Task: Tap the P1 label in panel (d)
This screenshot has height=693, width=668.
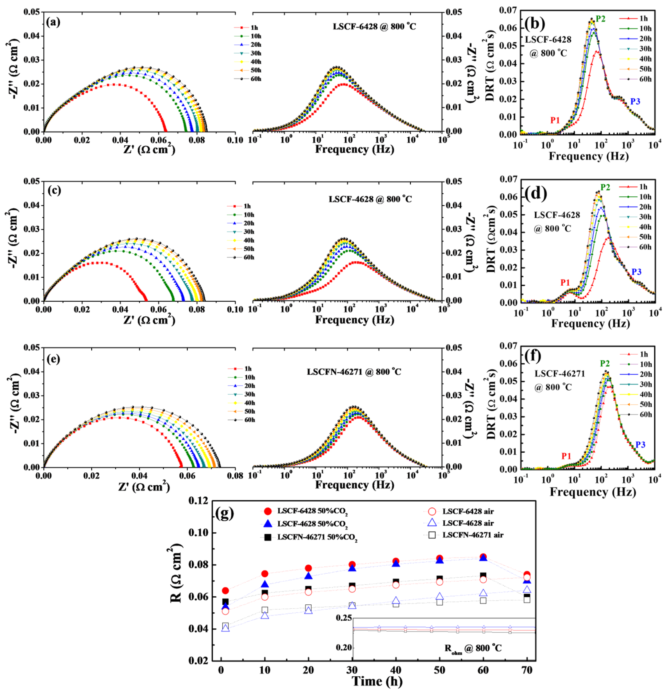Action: click(565, 282)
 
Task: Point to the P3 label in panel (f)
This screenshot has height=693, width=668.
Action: click(640, 445)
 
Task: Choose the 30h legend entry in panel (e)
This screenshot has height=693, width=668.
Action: click(250, 394)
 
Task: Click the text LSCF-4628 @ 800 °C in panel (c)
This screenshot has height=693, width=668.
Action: click(370, 199)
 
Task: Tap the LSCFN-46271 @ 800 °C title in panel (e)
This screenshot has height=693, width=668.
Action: click(354, 372)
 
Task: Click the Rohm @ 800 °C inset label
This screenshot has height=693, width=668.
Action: click(473, 648)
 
